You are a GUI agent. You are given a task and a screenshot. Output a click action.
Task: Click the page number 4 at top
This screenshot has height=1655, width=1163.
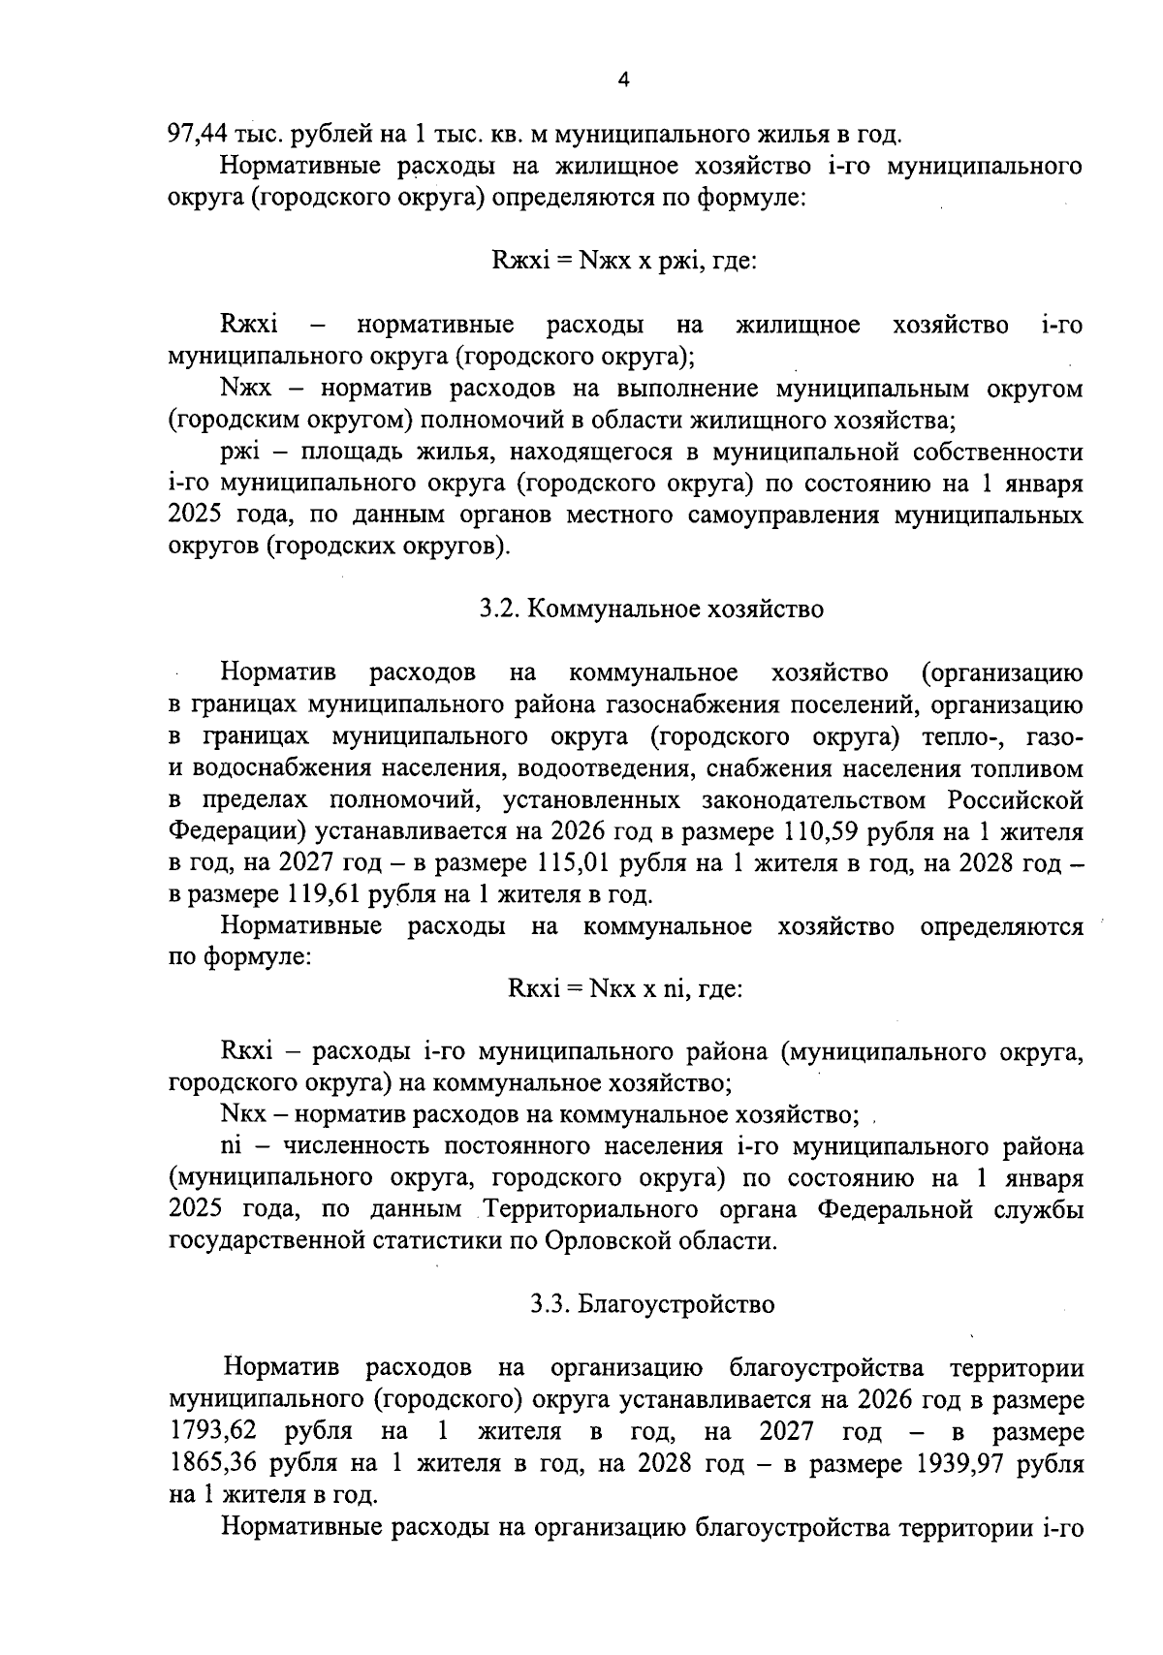623,81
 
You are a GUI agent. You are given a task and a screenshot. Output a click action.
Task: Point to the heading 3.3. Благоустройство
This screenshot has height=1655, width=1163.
652,1304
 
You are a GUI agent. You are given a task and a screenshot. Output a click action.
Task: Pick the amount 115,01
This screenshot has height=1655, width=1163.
573,863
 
